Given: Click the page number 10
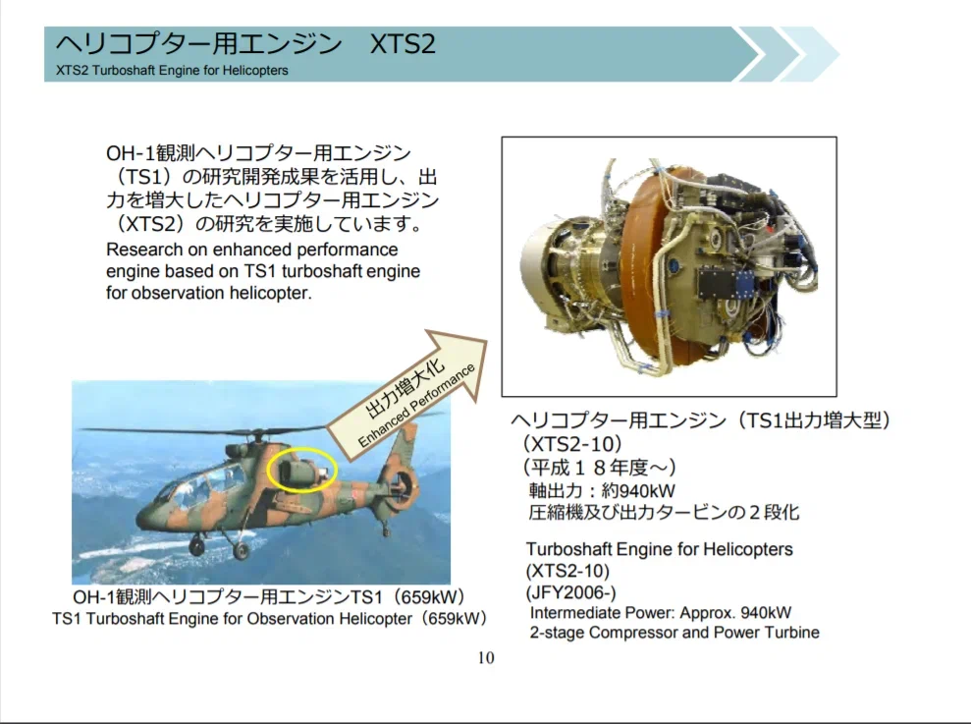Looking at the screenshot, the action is (486, 657).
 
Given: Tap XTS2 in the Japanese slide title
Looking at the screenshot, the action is (403, 44).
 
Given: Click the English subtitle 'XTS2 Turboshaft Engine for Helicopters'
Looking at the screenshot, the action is (172, 70).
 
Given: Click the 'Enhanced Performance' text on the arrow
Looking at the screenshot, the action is (416, 406).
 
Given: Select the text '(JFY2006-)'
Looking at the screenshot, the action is (571, 592).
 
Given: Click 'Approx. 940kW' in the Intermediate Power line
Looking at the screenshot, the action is (735, 613).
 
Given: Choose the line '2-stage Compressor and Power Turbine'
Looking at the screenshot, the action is (674, 633).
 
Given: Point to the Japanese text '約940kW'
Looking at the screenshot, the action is (638, 491).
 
